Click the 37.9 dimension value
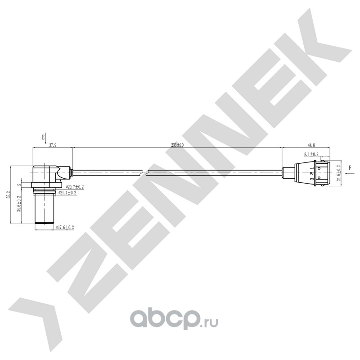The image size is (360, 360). pyautogui.click(x=53, y=145)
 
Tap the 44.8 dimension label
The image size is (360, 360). pyautogui.click(x=310, y=145)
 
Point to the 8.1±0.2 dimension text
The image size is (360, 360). pyautogui.click(x=311, y=154)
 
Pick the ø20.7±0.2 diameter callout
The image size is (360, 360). pyautogui.click(x=75, y=186)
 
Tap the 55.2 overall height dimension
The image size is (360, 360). pyautogui.click(x=8, y=194)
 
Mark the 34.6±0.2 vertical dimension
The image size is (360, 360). pyautogui.click(x=19, y=203)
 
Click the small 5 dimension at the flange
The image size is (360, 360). pyautogui.click(x=19, y=184)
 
